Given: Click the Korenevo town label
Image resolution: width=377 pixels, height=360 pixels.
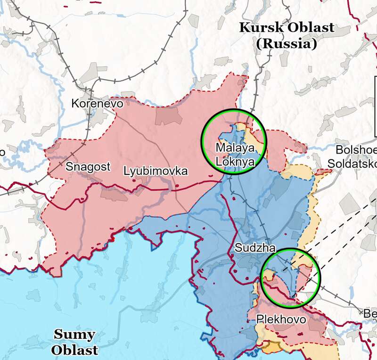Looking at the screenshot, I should click(97, 103).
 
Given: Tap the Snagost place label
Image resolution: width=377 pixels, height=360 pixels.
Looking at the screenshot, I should click(88, 166).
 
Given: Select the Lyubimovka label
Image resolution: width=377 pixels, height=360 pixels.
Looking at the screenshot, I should click(156, 171).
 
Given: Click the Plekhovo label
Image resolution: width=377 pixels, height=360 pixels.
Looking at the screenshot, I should click(281, 320).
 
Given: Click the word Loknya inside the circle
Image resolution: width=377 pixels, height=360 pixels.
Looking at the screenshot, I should click(235, 161).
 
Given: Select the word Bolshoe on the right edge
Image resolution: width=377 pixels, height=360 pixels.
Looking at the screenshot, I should click(356, 150).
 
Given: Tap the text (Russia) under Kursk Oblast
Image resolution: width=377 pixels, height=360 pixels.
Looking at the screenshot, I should click(286, 44).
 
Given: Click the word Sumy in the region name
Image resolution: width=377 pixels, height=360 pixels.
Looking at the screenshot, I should click(74, 335).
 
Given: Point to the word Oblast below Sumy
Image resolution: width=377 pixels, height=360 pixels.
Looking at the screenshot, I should click(75, 350).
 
